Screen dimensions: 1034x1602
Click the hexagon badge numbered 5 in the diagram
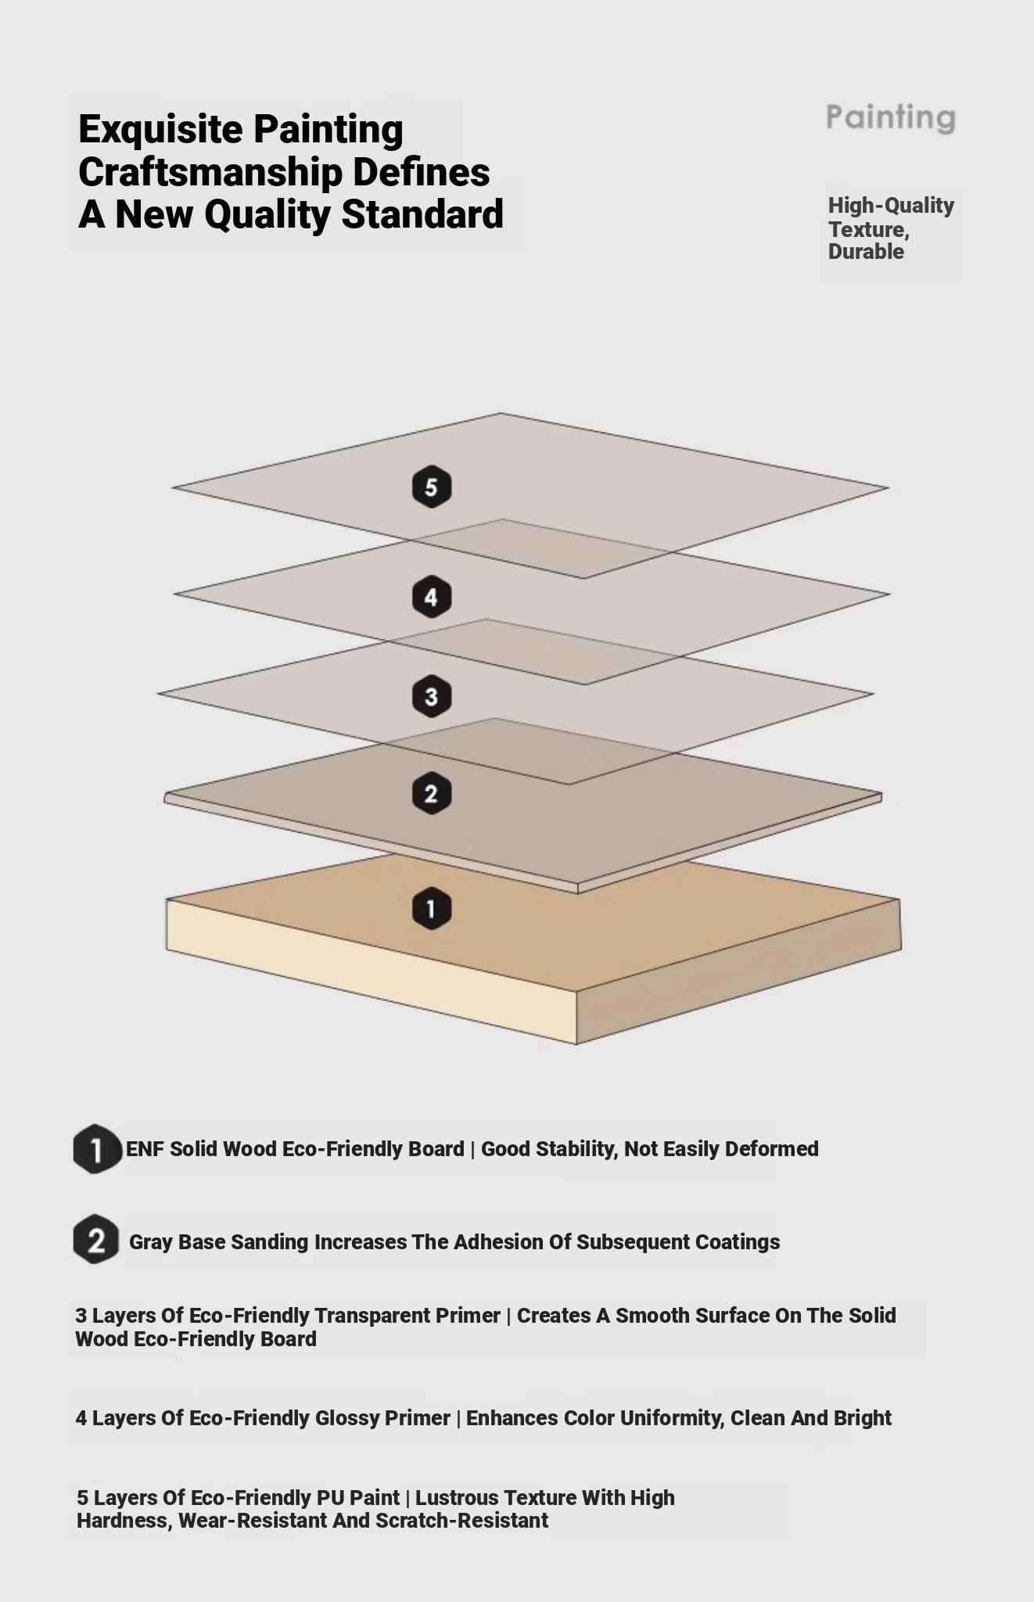tap(431, 487)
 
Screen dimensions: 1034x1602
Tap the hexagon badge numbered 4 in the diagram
tap(431, 598)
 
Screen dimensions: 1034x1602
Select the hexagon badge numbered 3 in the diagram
tap(431, 696)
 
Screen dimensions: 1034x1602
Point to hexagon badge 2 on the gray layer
tap(431, 794)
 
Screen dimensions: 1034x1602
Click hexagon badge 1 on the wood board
tap(431, 908)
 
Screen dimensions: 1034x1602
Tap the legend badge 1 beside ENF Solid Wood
tap(97, 1149)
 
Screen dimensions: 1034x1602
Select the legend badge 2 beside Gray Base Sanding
tap(96, 1240)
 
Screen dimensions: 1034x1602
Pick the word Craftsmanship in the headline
tap(210, 173)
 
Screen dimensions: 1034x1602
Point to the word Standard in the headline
tap(422, 214)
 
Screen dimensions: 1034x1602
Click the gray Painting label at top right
tap(891, 118)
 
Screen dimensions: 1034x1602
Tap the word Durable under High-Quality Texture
tap(866, 252)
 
